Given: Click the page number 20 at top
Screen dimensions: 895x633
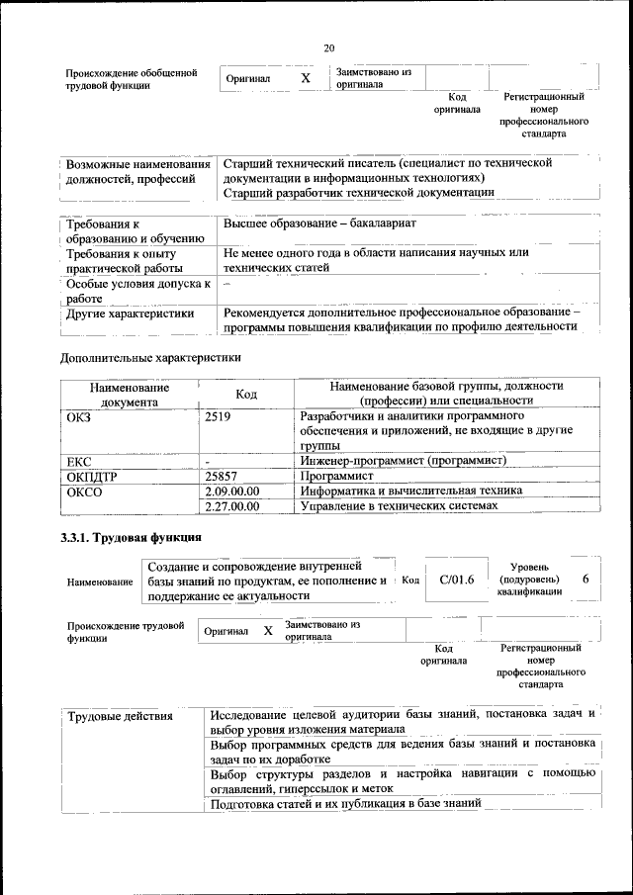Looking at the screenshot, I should tap(329, 46).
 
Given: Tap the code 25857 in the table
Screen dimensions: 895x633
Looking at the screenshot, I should tap(222, 476).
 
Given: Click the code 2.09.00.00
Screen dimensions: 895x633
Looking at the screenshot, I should tap(231, 492).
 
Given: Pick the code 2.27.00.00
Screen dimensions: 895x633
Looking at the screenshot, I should tap(231, 506).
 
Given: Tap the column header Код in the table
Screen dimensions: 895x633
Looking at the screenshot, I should tap(246, 394).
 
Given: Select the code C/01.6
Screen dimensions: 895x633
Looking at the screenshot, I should tap(457, 580).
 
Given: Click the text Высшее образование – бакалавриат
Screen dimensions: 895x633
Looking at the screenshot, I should tap(319, 224).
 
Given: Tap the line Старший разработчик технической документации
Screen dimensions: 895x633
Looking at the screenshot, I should tap(358, 192).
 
